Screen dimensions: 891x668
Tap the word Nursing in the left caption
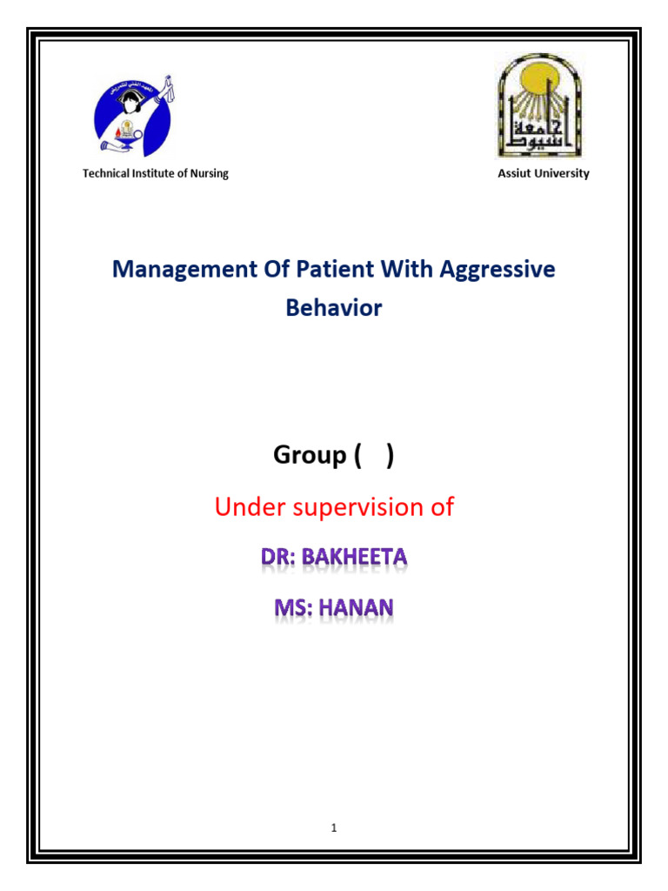coord(209,173)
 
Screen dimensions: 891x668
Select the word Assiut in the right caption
coord(512,173)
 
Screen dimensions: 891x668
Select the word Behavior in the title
coord(334,308)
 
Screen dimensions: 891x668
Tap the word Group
coord(310,455)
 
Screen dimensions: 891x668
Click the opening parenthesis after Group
coord(358,455)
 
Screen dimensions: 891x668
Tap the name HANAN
coord(356,607)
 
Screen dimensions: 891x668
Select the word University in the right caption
coord(560,173)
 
